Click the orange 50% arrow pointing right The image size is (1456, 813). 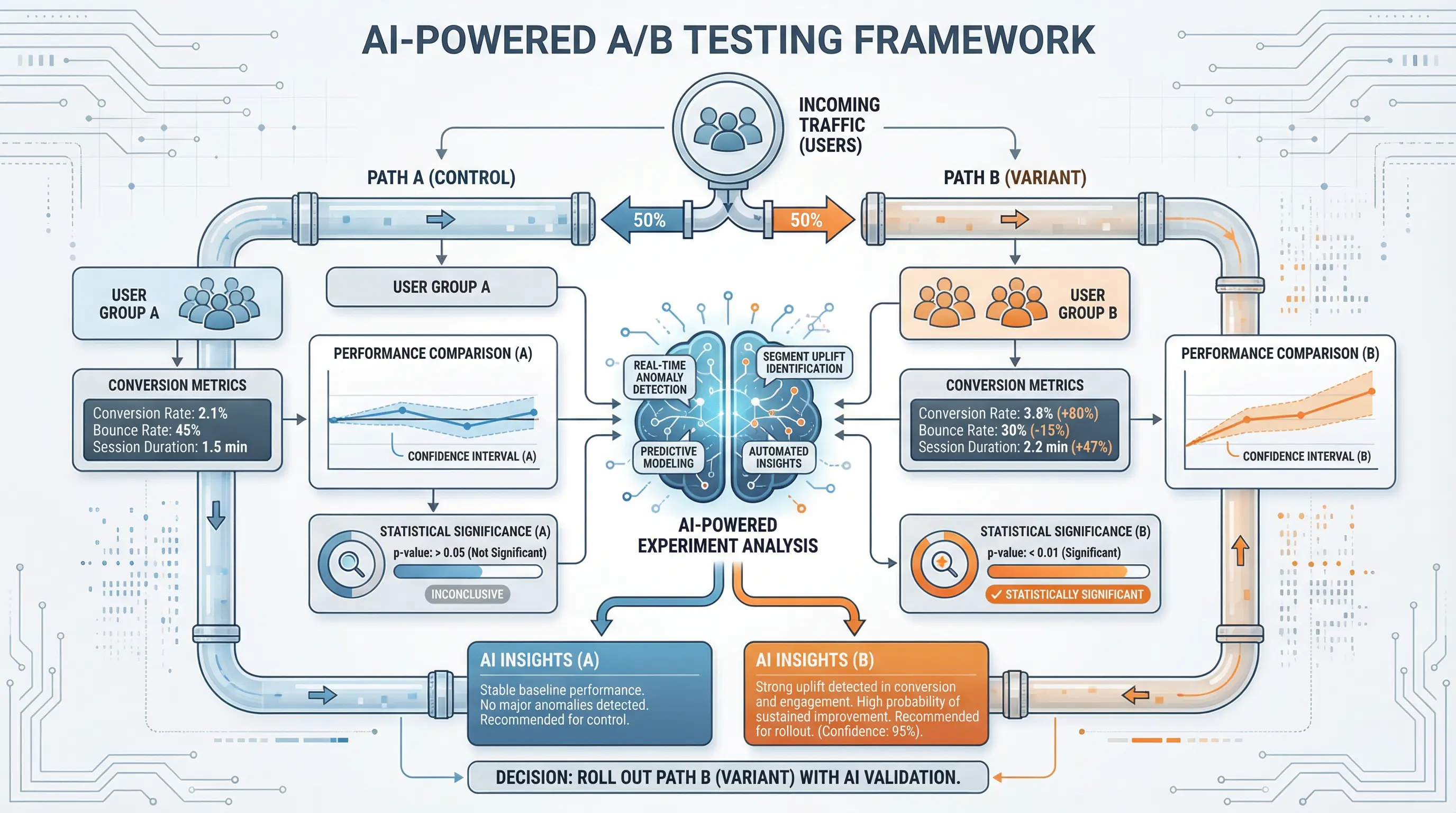tap(811, 220)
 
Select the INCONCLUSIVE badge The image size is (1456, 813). tap(467, 594)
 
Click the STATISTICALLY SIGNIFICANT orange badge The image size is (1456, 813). tap(1067, 595)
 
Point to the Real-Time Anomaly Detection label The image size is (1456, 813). tap(659, 377)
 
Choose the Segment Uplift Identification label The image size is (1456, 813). tap(804, 363)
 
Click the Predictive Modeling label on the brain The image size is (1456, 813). tap(668, 457)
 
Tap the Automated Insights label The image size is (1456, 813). tap(778, 457)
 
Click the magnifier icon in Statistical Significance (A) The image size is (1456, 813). tap(350, 564)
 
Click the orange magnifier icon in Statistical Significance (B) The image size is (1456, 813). tap(943, 564)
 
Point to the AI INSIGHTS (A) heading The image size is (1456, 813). tap(539, 660)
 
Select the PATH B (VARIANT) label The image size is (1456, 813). tap(1015, 177)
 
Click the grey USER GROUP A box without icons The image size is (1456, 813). tap(441, 287)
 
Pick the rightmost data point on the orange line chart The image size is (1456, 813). tap(1371, 391)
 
